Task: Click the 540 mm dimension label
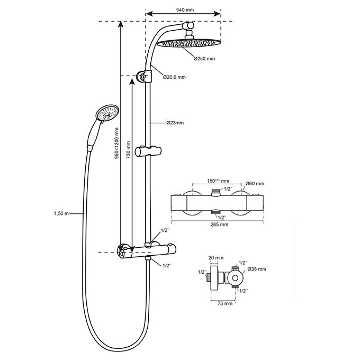(x=185, y=10)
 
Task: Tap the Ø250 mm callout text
(x=204, y=59)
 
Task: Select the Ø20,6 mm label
(x=175, y=77)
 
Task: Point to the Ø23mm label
(x=175, y=123)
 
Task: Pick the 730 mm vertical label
(x=129, y=150)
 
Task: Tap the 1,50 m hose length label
(x=61, y=214)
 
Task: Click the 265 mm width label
(x=219, y=224)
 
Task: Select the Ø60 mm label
(x=255, y=184)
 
